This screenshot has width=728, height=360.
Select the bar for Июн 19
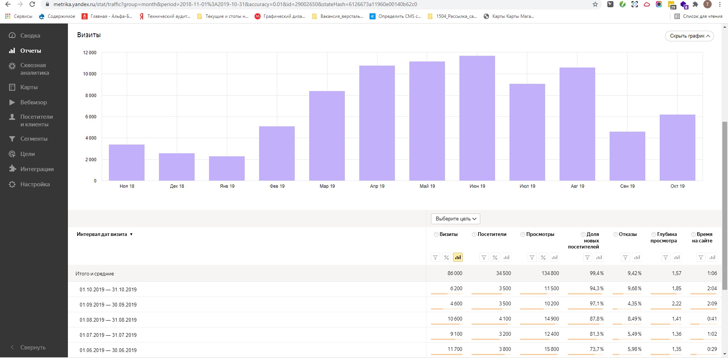pos(477,118)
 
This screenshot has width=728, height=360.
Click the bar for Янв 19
pos(227,168)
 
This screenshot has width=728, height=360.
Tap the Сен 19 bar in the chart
pos(627,156)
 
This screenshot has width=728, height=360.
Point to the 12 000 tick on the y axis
pos(90,53)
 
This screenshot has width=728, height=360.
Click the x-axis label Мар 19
pos(327,186)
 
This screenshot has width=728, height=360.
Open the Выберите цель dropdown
pos(456,219)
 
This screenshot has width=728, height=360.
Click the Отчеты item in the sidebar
pos(31,51)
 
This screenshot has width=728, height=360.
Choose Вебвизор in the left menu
pos(34,102)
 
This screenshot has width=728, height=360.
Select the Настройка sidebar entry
pos(35,184)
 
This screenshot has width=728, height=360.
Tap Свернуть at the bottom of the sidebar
pos(33,347)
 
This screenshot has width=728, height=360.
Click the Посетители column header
pos(492,234)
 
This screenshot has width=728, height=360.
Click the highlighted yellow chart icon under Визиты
pos(458,258)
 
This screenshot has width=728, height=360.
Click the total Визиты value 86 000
pos(455,273)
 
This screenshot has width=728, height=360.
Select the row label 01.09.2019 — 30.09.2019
pos(108,305)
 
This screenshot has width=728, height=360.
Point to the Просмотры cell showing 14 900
pos(552,319)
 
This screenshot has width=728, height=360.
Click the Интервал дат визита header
pos(102,234)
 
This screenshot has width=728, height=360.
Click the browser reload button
pos(32,4)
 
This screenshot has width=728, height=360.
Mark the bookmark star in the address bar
pos(595,4)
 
